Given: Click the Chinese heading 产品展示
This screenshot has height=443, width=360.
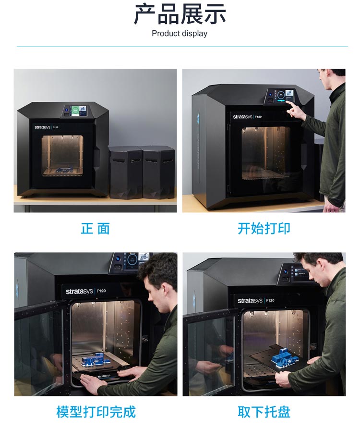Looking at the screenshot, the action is [x=180, y=13].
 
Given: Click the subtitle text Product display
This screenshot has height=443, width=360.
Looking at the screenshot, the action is [x=180, y=33].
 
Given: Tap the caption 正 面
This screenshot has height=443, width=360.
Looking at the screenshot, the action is [x=95, y=228].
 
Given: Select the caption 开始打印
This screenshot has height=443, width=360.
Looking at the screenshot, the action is [x=264, y=228].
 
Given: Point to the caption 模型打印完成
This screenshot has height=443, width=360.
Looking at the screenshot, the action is [x=96, y=412].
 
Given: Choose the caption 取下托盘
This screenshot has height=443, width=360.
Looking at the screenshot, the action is [x=264, y=412].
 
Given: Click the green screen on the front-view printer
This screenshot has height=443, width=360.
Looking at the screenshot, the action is [x=75, y=111].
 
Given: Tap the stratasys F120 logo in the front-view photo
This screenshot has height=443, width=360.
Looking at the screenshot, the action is [x=46, y=127].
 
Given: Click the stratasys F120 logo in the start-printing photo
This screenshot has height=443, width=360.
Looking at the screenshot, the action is [x=247, y=116].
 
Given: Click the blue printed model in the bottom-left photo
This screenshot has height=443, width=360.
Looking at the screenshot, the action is [x=95, y=359].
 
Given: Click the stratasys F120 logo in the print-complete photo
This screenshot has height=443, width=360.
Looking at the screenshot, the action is [x=86, y=291].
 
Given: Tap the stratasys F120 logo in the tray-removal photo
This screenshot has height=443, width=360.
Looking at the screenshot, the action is [x=256, y=300].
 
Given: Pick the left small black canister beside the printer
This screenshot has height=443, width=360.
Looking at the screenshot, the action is [x=126, y=172].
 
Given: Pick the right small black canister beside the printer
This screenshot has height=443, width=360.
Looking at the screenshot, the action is [x=158, y=172].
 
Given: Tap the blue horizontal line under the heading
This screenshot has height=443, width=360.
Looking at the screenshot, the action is [x=182, y=47].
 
